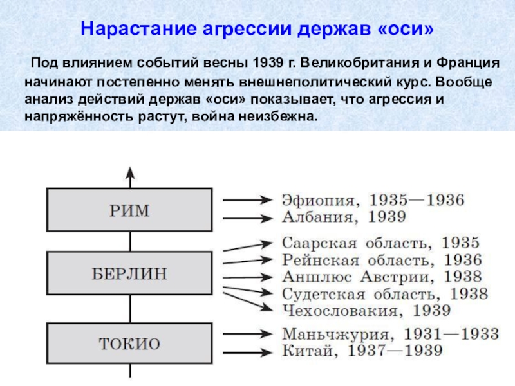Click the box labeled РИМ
(x=129, y=210)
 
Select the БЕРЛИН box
(x=129, y=274)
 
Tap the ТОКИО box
(x=129, y=343)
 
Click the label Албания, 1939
(x=344, y=217)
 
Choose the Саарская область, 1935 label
(x=381, y=243)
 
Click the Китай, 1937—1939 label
(x=362, y=351)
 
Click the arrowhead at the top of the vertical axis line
(x=129, y=172)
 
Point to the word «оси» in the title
(x=407, y=30)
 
